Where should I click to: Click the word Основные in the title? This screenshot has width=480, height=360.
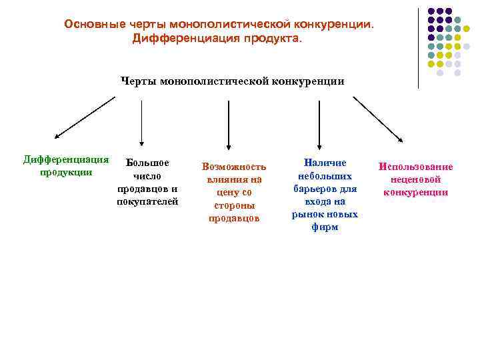(91, 24)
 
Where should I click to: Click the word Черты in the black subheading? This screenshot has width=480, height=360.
(137, 81)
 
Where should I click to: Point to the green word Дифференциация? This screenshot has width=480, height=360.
(66, 159)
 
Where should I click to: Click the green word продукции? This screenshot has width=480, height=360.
(66, 172)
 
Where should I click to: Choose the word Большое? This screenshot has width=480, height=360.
(148, 163)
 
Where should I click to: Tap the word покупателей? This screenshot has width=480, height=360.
(147, 201)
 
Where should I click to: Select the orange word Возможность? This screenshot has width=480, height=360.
(233, 167)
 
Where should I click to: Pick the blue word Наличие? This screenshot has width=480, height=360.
(325, 163)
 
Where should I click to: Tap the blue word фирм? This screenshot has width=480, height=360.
(325, 227)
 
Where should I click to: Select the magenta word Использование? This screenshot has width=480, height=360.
(415, 167)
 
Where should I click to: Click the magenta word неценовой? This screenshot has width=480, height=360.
(415, 179)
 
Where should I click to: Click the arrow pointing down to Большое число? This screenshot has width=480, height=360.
(141, 123)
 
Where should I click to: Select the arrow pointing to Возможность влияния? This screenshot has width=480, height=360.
(229, 123)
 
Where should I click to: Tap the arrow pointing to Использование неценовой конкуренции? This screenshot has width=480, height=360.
(377, 119)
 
